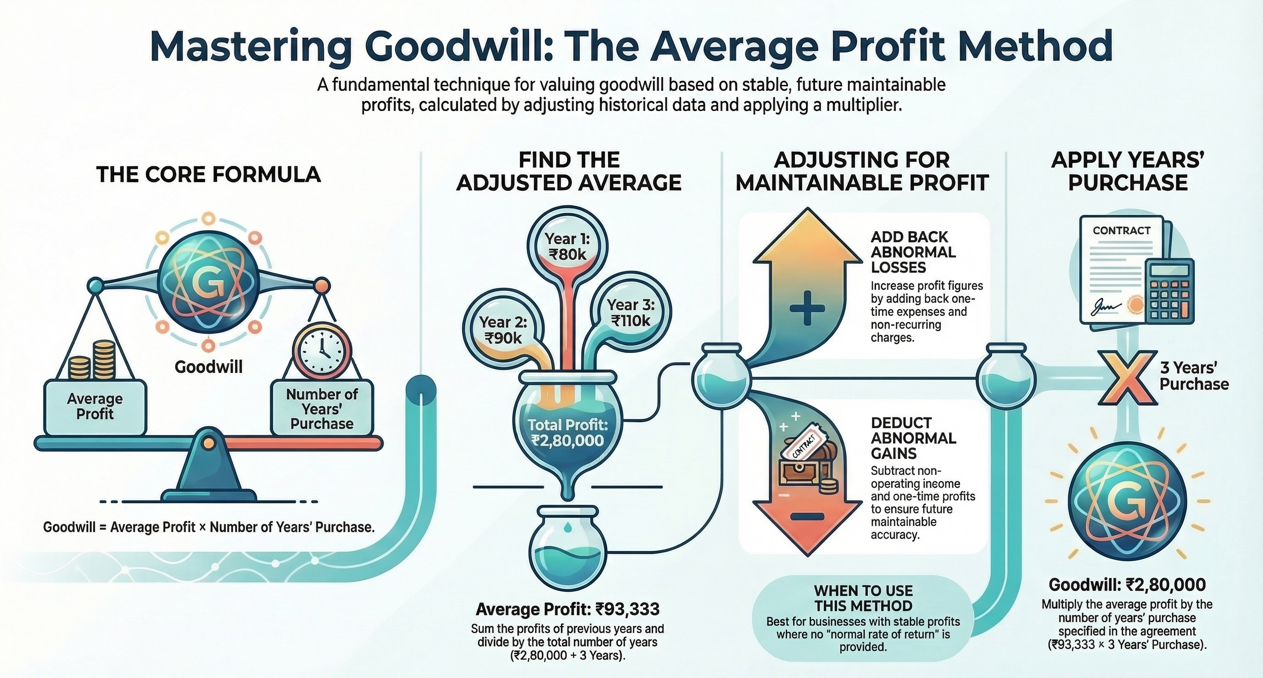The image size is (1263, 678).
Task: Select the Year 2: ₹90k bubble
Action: point(503,330)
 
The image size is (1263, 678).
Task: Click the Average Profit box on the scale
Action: point(95,407)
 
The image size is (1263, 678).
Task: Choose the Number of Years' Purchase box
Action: point(322,408)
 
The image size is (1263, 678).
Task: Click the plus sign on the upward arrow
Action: point(807,309)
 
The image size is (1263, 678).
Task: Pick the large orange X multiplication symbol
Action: point(1128,377)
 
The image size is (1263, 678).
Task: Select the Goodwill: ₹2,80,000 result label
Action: point(1127,584)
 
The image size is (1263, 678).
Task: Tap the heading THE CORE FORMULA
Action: point(209,175)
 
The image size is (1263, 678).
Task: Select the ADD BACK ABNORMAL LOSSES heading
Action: point(913,252)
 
